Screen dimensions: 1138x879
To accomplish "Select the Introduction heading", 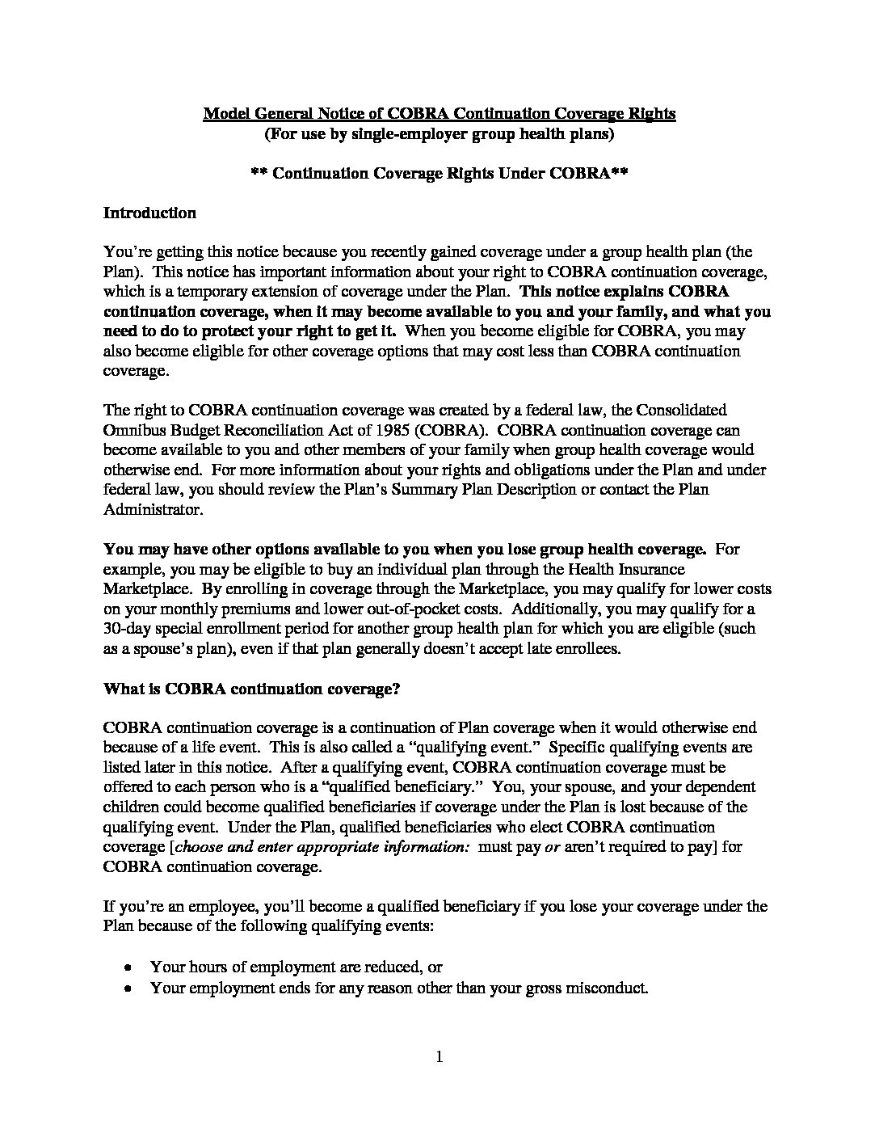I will tap(149, 213).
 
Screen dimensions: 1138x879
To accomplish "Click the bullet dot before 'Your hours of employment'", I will tap(128, 967).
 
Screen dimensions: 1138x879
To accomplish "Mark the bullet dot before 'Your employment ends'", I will tap(128, 988).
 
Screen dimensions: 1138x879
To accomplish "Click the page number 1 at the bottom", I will tap(439, 1056).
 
